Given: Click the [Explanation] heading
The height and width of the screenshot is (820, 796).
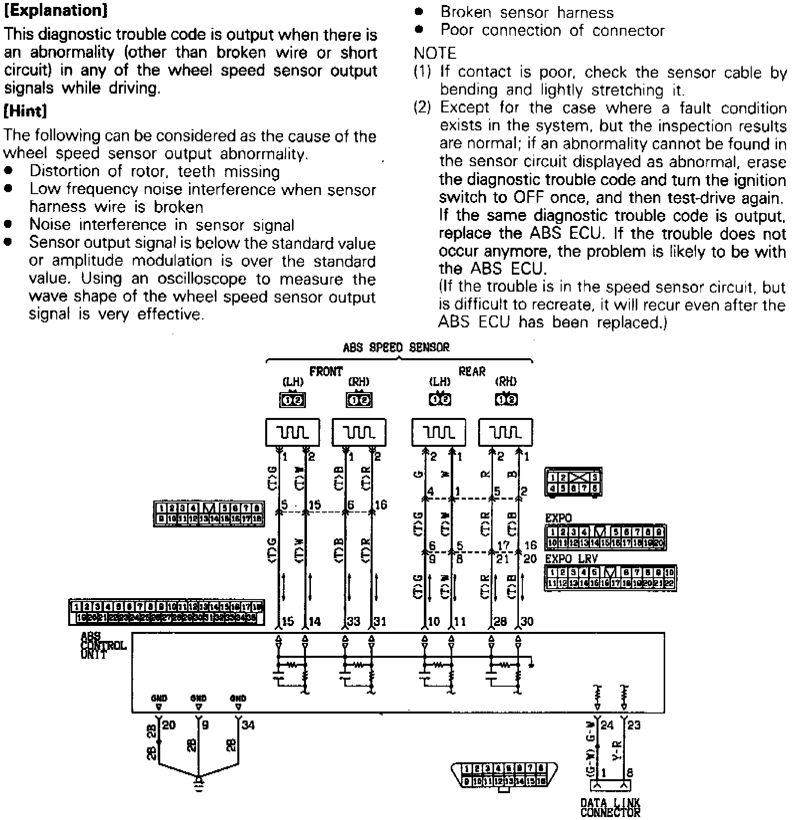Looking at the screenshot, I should tap(55, 11).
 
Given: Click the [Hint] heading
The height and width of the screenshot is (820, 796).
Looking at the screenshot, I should tap(25, 111).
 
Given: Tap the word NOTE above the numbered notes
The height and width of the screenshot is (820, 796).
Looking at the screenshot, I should tap(434, 53).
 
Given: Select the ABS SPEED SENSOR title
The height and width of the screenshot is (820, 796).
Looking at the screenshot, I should tap(396, 347).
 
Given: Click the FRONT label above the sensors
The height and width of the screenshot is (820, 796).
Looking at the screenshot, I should tap(326, 371).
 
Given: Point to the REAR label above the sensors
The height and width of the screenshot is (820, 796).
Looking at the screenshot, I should tap(472, 371).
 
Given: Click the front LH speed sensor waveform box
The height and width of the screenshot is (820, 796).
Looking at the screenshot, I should tap(293, 432).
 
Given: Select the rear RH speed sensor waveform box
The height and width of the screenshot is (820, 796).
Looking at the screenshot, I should tap(505, 432).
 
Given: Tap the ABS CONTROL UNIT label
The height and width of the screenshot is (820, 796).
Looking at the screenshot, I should tap(103, 646).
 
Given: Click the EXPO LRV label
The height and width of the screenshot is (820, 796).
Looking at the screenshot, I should tap(571, 559).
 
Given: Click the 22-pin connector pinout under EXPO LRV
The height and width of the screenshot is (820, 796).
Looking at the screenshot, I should tap(610, 578).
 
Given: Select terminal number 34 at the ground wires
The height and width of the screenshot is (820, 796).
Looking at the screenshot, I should tap(248, 725).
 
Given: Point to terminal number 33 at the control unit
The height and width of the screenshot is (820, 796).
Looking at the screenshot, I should tap(354, 621).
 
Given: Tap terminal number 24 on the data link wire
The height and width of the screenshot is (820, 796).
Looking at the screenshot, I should tap(607, 725).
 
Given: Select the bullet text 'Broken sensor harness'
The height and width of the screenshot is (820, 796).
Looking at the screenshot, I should tap(527, 12).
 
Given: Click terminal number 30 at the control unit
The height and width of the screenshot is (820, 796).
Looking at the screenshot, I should tap(527, 621).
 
